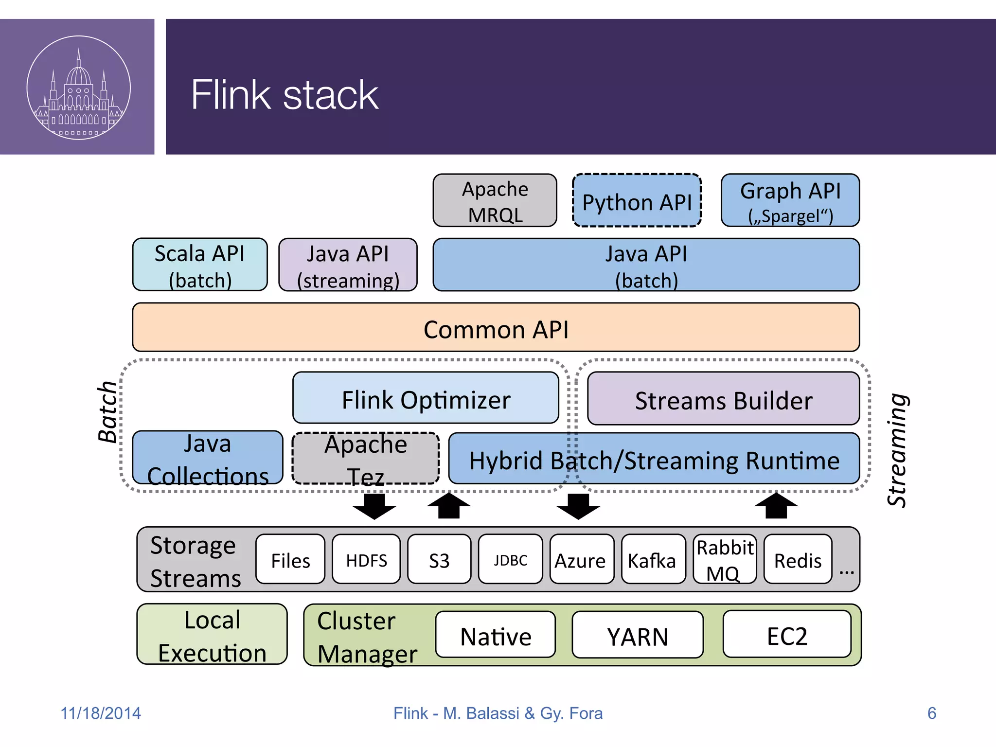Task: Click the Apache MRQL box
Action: click(x=495, y=200)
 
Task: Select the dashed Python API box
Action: click(x=637, y=200)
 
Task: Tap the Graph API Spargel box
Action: click(x=790, y=200)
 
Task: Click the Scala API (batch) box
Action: click(x=200, y=265)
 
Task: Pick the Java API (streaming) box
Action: click(x=348, y=265)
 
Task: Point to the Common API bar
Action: click(x=496, y=327)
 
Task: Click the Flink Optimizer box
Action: click(x=426, y=398)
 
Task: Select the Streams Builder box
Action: click(x=723, y=399)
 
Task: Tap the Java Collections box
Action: click(x=208, y=458)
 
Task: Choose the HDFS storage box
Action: click(x=366, y=559)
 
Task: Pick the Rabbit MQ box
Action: click(x=724, y=559)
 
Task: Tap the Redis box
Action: click(x=798, y=559)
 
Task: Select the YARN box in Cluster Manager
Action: click(x=637, y=635)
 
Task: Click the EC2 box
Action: click(x=786, y=634)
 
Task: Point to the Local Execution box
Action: click(x=212, y=634)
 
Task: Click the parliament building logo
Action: click(x=79, y=88)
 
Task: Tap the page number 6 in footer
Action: click(x=931, y=713)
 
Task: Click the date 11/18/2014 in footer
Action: click(x=101, y=713)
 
